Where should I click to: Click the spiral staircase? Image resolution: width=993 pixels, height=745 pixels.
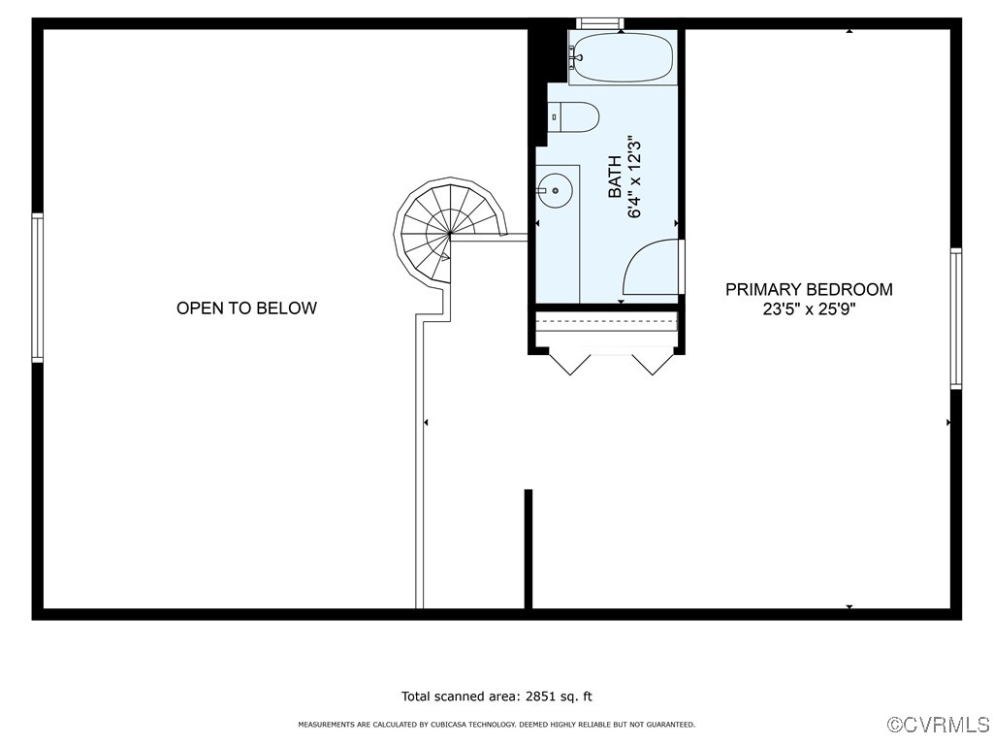449,233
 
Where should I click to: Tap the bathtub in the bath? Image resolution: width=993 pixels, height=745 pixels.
621,58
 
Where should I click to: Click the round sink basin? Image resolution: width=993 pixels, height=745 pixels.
556,190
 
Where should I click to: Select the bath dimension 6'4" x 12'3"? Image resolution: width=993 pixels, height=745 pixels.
635,178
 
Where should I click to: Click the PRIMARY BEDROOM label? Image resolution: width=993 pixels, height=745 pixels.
809,289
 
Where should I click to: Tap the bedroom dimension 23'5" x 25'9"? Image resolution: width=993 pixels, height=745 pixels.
809,309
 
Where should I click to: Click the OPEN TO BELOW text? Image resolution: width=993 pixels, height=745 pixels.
246,308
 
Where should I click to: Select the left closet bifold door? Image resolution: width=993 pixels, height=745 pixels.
569,363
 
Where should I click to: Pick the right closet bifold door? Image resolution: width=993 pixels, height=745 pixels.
651,363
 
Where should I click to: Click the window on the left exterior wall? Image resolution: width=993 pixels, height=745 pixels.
37,288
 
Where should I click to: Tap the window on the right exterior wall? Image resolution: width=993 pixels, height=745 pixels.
956,318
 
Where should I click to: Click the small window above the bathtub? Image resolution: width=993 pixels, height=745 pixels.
599,23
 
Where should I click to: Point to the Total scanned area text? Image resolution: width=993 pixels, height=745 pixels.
496,696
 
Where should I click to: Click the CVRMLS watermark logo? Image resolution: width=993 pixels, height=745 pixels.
938,725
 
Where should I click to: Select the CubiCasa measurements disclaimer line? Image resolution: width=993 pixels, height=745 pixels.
496,725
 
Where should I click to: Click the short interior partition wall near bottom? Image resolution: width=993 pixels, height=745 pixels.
529,549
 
